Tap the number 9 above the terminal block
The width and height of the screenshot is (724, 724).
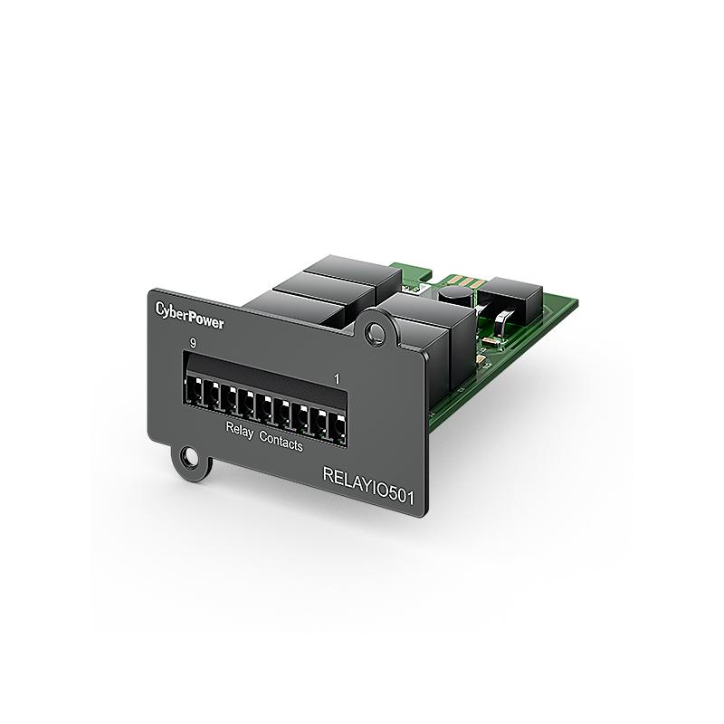193,343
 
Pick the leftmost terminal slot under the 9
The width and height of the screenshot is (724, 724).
192,392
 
